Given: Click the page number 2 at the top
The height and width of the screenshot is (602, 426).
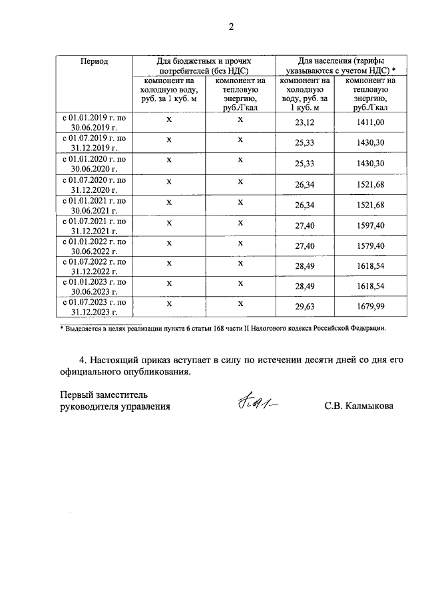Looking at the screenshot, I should [x=231, y=27].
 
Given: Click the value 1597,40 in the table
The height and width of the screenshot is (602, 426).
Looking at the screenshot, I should [x=371, y=226].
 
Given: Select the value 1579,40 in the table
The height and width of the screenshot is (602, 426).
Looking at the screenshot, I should [x=371, y=246].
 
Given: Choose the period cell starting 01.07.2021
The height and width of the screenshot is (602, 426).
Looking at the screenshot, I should [x=95, y=226].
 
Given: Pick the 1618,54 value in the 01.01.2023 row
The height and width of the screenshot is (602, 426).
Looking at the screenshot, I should [x=371, y=287].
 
